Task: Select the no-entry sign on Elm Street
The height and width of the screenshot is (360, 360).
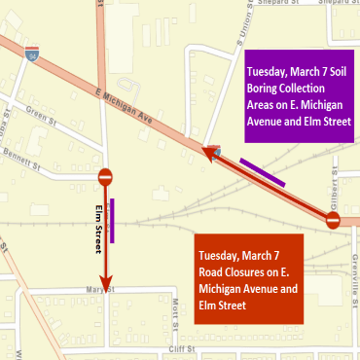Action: point(106,178)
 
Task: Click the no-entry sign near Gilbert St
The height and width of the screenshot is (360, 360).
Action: point(333,221)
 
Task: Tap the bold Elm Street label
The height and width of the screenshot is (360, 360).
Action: point(97,230)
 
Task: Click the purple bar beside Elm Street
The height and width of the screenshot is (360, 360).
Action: point(114,220)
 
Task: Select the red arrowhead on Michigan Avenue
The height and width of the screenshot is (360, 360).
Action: point(210,150)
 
